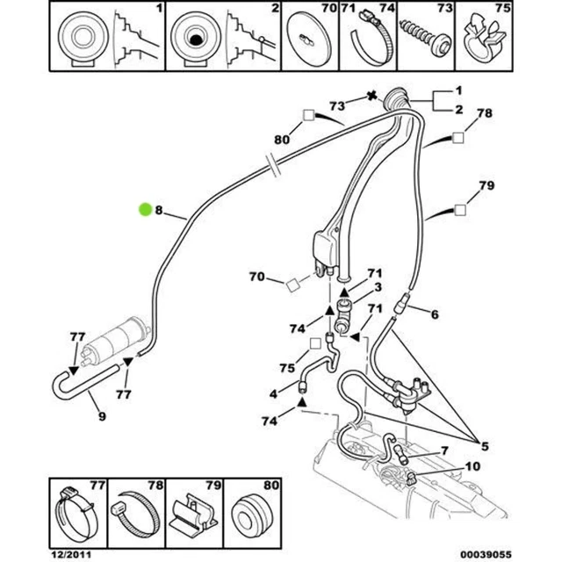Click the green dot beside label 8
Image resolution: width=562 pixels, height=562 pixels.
pyautogui.click(x=146, y=209)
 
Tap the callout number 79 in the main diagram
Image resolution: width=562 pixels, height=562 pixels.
pyautogui.click(x=485, y=185)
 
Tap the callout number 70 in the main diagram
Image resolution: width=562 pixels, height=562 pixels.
pyautogui.click(x=256, y=277)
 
